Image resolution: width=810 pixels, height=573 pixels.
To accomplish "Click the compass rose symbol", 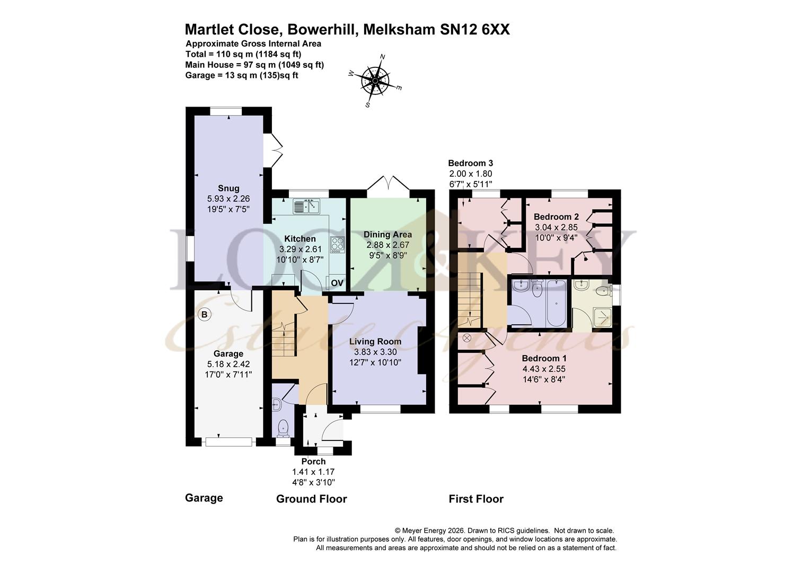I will [x=375, y=81].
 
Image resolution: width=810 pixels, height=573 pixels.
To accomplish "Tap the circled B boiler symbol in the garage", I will [x=204, y=315].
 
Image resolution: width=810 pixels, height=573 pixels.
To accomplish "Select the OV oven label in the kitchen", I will [x=337, y=283].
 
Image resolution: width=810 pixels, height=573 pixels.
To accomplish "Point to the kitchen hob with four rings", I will [x=337, y=244].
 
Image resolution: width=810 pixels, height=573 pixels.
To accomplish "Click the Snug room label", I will [x=228, y=188].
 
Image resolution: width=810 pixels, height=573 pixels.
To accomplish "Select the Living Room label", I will [x=375, y=342].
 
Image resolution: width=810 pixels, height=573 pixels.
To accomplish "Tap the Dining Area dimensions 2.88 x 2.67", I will [x=388, y=245].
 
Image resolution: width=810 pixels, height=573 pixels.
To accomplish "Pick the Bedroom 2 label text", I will [x=556, y=216].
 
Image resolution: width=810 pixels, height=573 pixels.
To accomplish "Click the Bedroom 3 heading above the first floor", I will [x=470, y=163].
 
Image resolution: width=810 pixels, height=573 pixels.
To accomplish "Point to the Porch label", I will [x=313, y=462].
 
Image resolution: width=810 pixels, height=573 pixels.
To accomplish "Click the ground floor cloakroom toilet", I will [x=284, y=427].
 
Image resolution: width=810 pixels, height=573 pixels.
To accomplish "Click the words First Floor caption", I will [x=476, y=499].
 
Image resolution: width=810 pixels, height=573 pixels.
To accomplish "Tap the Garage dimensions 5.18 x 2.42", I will [x=228, y=364].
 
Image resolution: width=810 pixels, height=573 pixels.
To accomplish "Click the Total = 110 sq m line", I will [x=243, y=54].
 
